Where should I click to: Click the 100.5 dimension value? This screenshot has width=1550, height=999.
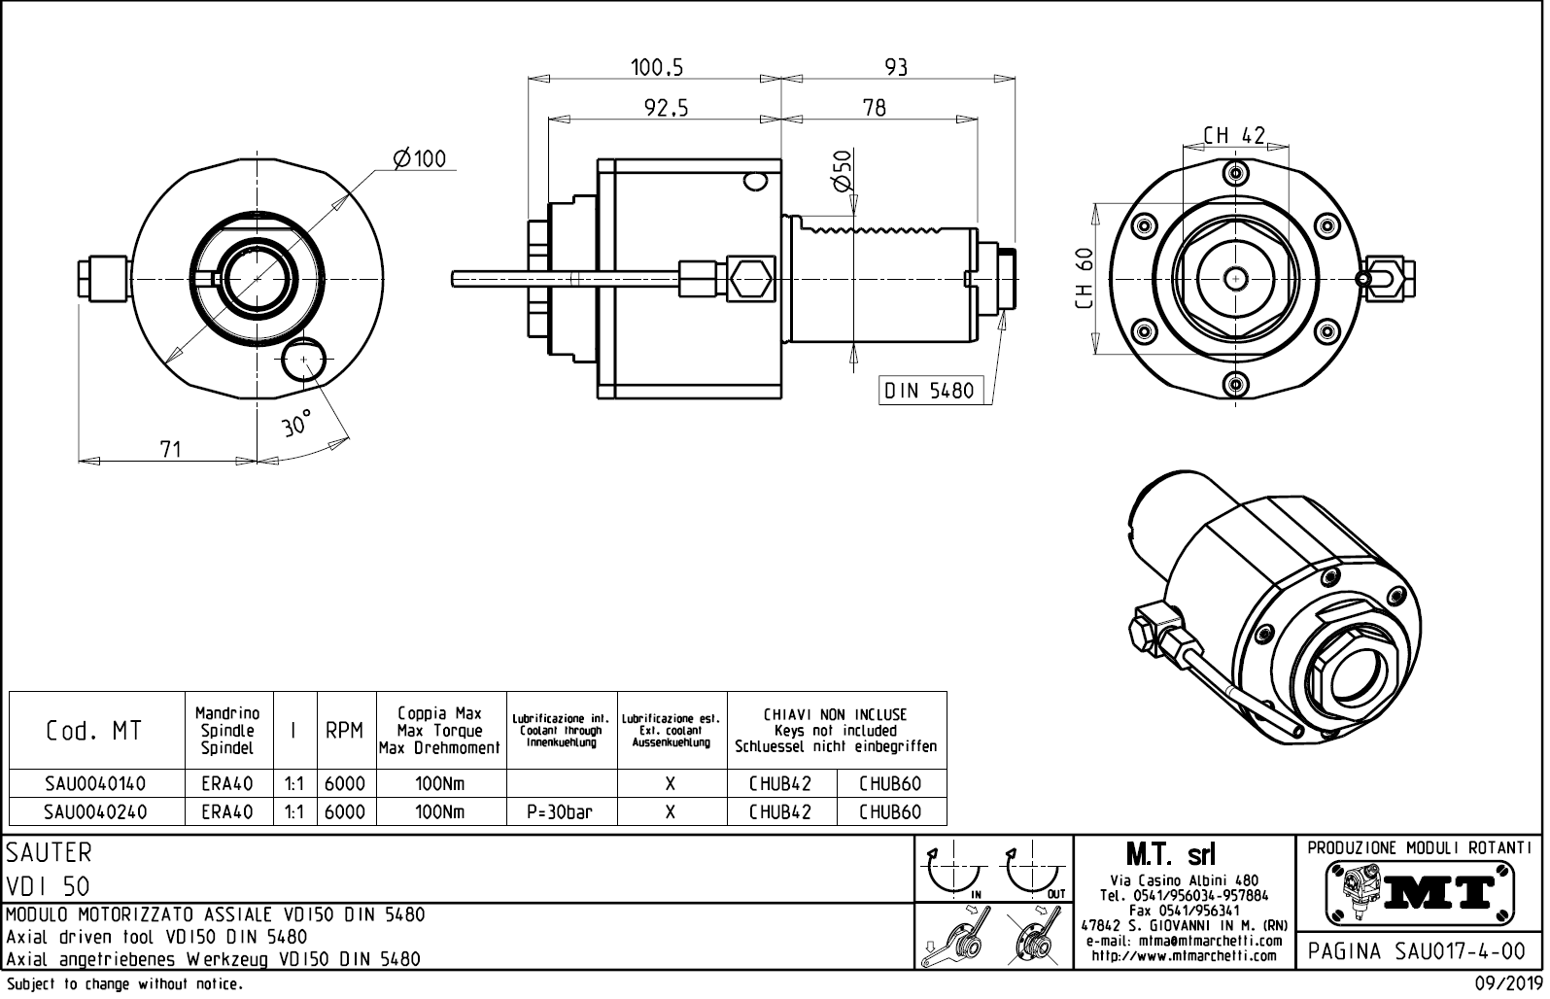[x=657, y=67]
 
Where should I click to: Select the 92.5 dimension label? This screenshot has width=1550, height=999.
[x=666, y=109]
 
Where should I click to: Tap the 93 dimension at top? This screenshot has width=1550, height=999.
[x=896, y=67]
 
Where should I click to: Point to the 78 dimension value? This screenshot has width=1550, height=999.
[x=875, y=108]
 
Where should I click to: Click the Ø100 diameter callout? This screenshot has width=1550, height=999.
[x=419, y=158]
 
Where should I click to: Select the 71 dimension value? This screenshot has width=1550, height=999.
[x=170, y=449]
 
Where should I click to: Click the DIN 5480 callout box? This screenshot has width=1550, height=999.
[x=927, y=391]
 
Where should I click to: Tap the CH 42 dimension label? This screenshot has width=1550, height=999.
[x=1234, y=135]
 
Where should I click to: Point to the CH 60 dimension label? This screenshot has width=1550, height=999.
[x=1085, y=278]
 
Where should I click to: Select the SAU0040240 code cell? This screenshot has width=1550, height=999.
[x=96, y=812]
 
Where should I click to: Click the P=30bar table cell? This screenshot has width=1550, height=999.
[x=561, y=812]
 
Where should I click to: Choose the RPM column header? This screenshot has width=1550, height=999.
[x=344, y=731]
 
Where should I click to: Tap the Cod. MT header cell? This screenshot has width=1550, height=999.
[x=94, y=731]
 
